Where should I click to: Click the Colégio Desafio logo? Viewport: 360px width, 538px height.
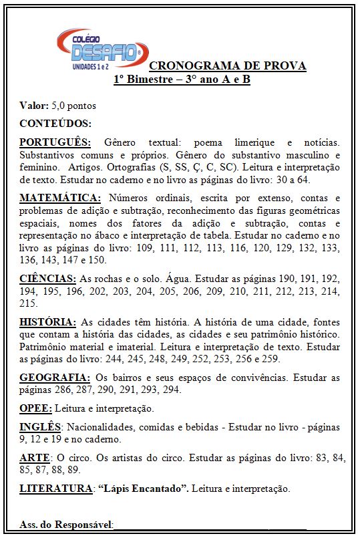pos(102,49)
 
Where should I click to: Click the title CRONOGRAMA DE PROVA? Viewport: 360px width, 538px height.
pos(227,65)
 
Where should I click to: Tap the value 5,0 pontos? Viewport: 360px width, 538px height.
pos(73,106)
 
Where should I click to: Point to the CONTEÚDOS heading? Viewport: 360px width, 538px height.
pos(55,124)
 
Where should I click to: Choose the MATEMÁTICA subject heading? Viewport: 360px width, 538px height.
pos(60,198)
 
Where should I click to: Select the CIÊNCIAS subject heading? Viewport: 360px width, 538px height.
pos(47,278)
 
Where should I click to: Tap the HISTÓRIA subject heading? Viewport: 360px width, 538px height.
pos(48,321)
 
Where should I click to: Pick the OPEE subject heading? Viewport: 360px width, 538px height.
pos(35,408)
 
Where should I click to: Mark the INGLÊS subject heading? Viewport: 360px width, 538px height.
pos(40,427)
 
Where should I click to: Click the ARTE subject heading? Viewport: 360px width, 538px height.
pos(35,458)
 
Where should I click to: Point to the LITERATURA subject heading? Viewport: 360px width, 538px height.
pos(55,489)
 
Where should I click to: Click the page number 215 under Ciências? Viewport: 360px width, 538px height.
pos(28,303)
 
